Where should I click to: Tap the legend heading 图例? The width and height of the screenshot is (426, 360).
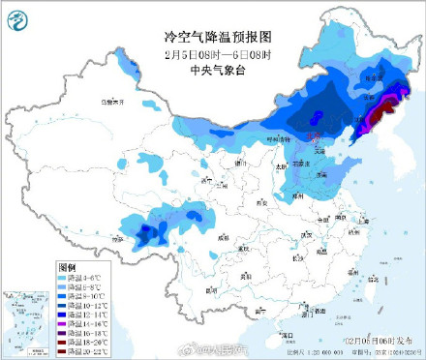[67, 266]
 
